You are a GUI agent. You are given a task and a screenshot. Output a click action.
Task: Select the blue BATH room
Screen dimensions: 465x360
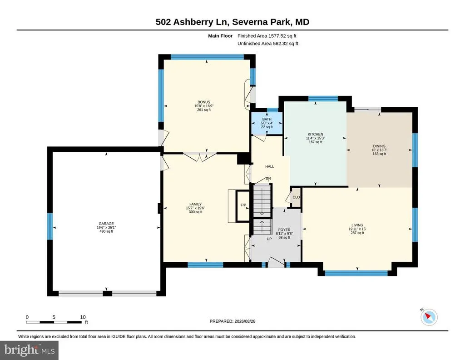tap(267, 123)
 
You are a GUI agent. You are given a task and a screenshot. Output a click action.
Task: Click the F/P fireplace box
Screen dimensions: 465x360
tap(243, 205)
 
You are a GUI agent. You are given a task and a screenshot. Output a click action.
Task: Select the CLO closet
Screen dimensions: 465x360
tap(296, 197)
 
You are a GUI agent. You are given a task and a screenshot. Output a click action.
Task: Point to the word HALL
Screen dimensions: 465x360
tap(270, 166)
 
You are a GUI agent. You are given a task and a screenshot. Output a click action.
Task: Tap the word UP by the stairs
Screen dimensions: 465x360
tap(269, 239)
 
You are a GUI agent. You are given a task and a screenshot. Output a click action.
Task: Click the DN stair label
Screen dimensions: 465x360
tap(268, 178)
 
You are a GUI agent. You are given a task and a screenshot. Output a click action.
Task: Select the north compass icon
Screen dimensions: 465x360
tap(429, 317)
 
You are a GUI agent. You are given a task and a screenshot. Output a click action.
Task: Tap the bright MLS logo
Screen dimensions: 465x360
tap(29, 350)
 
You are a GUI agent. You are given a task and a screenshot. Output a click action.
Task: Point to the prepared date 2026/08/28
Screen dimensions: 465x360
tap(245, 321)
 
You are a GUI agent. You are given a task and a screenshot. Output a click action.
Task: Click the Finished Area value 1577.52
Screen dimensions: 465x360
tap(277, 36)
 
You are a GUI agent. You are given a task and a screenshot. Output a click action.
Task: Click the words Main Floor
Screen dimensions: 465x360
tap(220, 36)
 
